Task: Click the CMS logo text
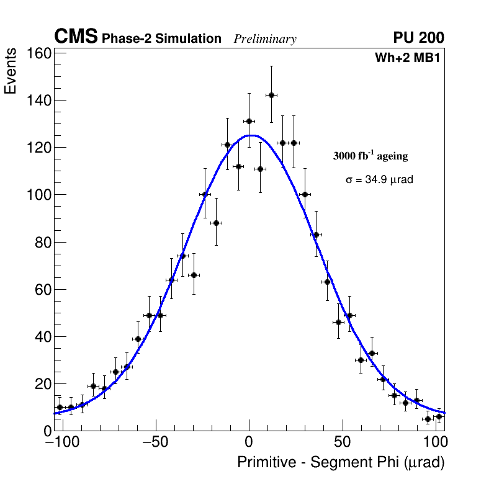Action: (76, 37)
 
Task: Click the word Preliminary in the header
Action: (265, 39)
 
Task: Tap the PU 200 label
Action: (418, 38)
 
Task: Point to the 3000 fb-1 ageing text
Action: (370, 156)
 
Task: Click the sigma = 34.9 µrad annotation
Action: (379, 179)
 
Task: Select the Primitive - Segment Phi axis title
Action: (341, 462)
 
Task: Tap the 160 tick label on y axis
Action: (38, 53)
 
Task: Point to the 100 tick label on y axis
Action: (38, 195)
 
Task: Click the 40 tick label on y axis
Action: (42, 337)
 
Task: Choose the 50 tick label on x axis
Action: (343, 443)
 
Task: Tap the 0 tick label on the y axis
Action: (46, 431)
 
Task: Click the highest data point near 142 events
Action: (271, 95)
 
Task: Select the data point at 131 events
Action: (249, 121)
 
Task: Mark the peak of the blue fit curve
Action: (250, 135)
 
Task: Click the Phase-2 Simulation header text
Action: (161, 39)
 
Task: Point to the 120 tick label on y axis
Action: (38, 148)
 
